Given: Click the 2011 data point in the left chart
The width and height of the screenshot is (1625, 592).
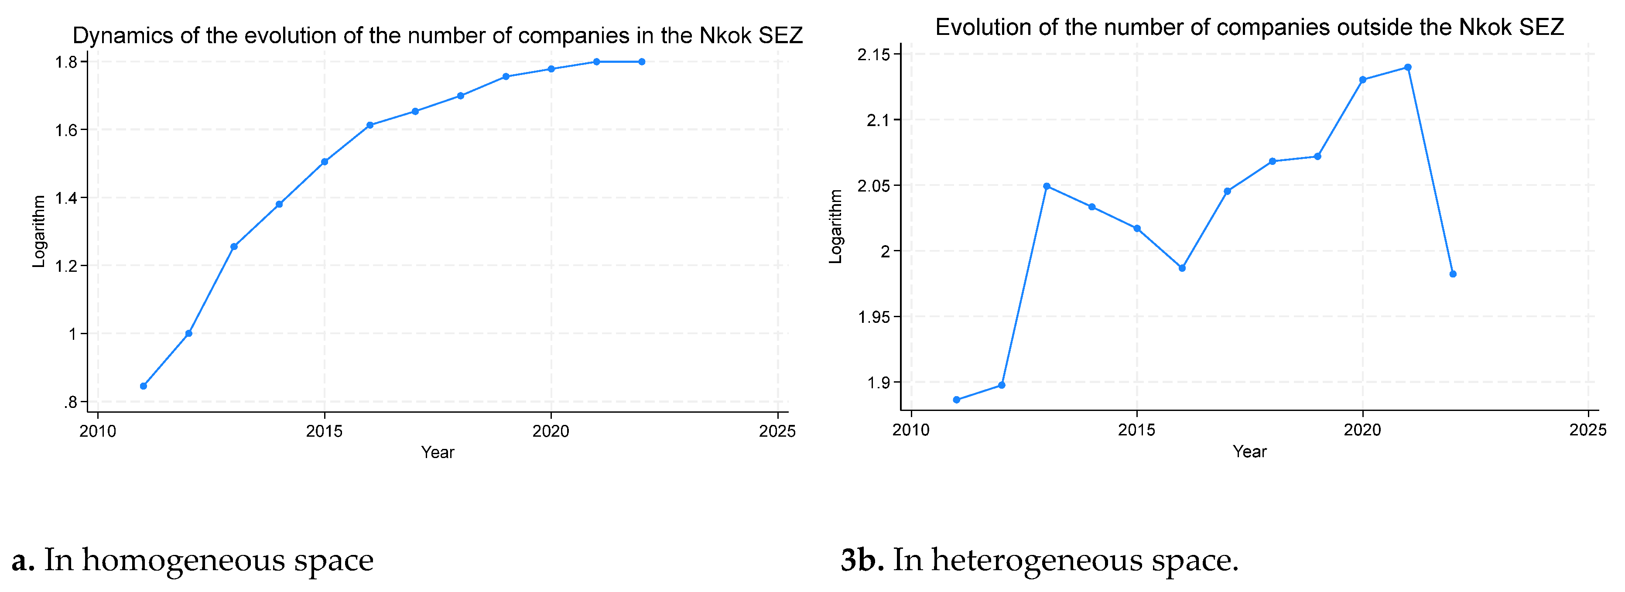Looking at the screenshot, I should (x=143, y=386).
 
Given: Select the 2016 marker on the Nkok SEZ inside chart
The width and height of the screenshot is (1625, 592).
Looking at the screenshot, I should (x=369, y=125).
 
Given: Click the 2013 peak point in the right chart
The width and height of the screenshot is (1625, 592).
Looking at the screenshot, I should (x=1047, y=186).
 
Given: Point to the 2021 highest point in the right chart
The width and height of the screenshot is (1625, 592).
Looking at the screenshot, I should (x=1407, y=67).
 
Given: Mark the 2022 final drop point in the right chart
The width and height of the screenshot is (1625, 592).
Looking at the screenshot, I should (x=1453, y=274).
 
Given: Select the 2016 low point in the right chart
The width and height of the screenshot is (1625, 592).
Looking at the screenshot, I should (x=1182, y=268).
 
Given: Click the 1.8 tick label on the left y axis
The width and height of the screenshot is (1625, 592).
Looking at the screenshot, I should (x=66, y=62).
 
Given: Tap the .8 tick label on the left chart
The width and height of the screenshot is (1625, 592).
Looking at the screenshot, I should (x=70, y=402).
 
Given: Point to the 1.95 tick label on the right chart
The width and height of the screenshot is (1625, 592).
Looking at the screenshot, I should (x=874, y=317).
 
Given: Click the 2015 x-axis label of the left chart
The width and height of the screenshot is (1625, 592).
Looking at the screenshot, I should (x=324, y=431).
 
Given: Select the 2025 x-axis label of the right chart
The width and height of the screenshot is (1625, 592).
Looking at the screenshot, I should (x=1587, y=430).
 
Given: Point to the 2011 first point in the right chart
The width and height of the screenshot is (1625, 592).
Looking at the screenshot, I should (x=956, y=400).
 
